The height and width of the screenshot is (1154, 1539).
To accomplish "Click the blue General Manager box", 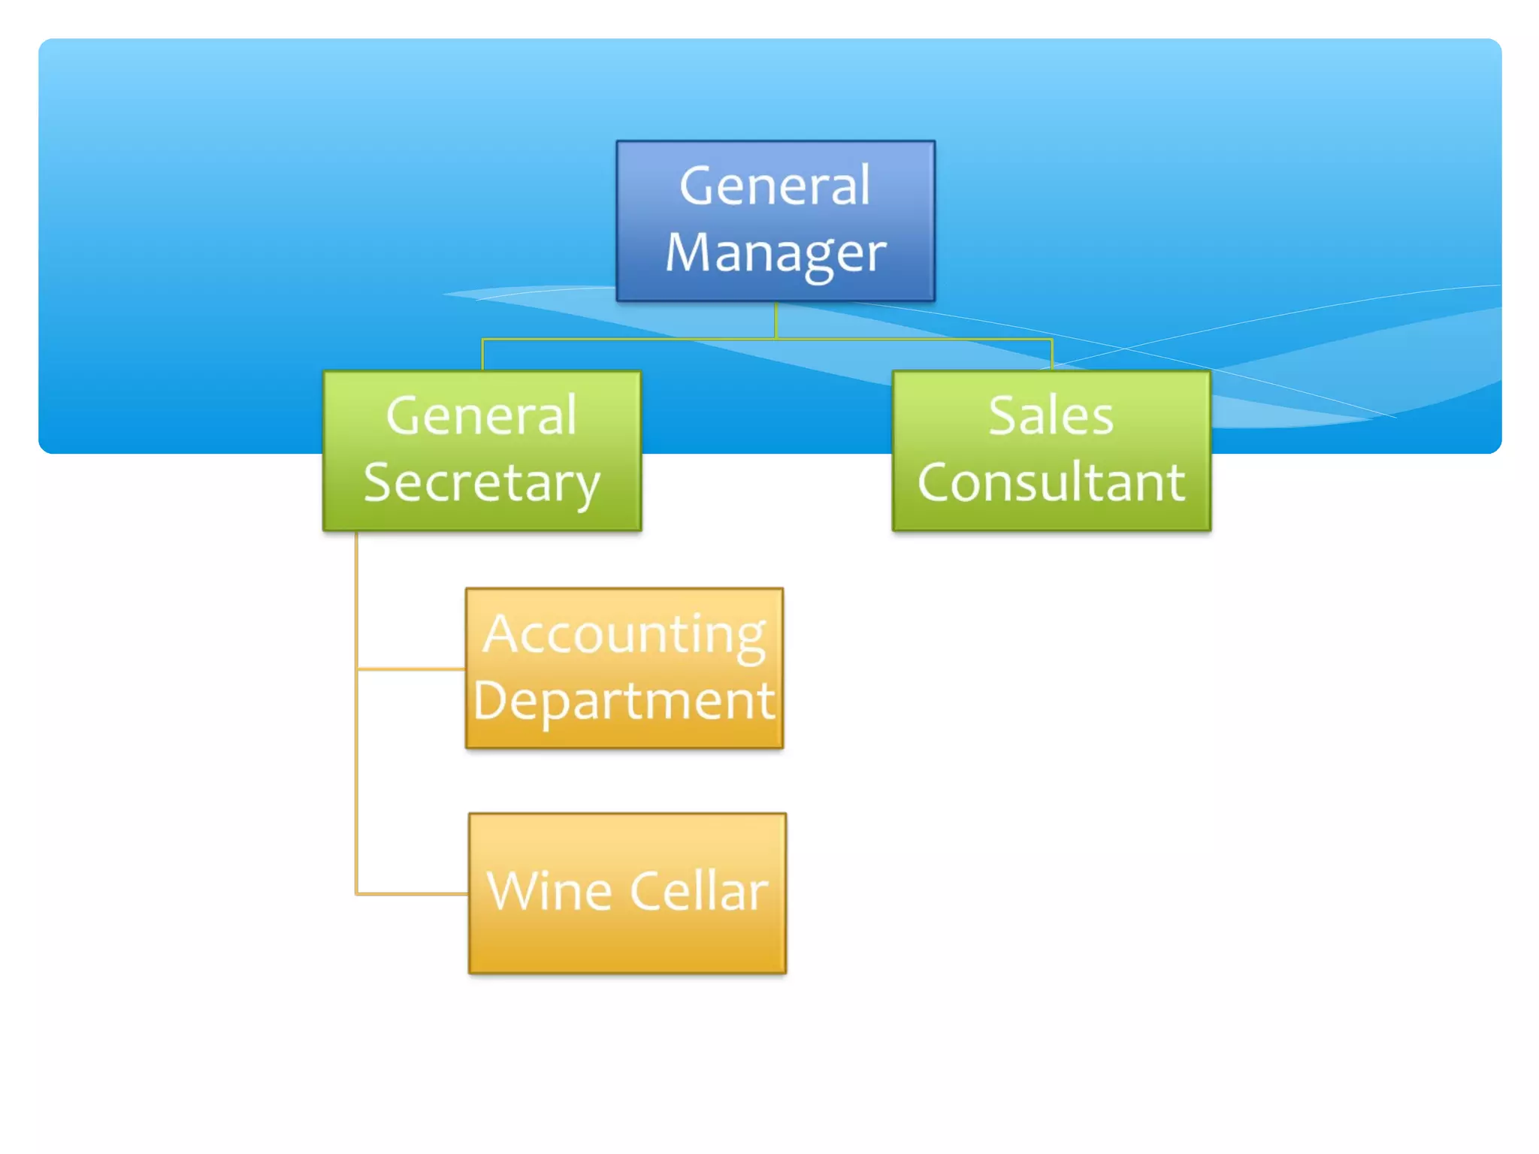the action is click(x=776, y=221).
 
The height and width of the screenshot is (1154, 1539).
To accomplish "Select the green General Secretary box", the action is click(x=482, y=451).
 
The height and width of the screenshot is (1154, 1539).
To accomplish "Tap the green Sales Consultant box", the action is click(x=1051, y=451).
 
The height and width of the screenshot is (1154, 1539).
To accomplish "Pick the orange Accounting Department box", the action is click(x=624, y=668).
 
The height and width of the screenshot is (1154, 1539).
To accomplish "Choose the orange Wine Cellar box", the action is click(x=627, y=893).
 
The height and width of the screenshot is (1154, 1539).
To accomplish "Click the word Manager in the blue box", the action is click(x=776, y=254).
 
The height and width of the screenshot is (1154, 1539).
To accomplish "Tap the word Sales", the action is click(x=1051, y=415).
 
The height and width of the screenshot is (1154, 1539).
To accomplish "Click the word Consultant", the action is click(x=1051, y=482).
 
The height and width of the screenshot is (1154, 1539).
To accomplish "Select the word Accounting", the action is click(x=624, y=636).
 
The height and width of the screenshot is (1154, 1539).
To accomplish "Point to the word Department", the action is click(x=624, y=701).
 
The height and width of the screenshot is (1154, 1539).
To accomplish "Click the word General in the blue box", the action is click(x=776, y=186).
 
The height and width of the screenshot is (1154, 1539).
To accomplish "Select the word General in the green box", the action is click(x=482, y=415).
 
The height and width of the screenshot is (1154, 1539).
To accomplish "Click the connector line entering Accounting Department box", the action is click(x=412, y=668).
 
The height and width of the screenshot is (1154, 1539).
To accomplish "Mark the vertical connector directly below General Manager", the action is click(x=776, y=320).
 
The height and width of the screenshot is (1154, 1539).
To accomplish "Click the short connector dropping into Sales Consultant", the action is click(x=1052, y=355).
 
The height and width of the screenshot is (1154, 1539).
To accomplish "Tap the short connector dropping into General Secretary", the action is click(x=482, y=355).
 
